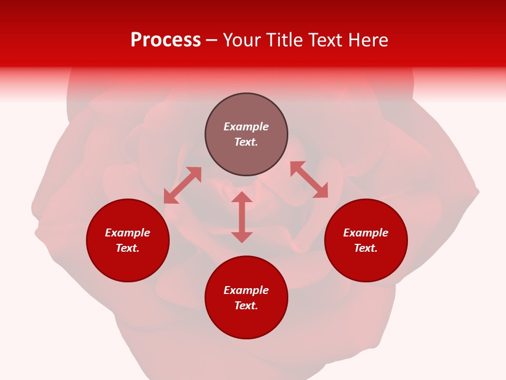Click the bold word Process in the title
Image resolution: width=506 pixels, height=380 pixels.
166,40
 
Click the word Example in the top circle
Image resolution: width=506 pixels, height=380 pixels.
246,127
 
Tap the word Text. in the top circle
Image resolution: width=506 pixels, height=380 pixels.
246,142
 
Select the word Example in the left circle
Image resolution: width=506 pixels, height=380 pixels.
128,233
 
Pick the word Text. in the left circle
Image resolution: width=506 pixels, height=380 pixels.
128,248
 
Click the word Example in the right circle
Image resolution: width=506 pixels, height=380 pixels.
366,233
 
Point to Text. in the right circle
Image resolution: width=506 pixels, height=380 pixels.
366,248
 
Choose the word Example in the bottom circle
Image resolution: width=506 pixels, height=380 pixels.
246,290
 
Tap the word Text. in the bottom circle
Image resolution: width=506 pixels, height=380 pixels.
246,306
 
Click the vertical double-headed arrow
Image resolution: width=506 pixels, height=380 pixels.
242,217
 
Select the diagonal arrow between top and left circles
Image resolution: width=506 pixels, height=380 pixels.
183,185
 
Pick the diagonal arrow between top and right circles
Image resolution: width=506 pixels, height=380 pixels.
309,179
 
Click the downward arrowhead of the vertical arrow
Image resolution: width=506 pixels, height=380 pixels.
242,236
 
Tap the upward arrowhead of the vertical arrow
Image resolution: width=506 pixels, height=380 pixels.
242,197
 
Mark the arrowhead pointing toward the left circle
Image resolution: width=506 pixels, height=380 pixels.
170,197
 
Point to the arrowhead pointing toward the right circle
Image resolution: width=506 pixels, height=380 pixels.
321,191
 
